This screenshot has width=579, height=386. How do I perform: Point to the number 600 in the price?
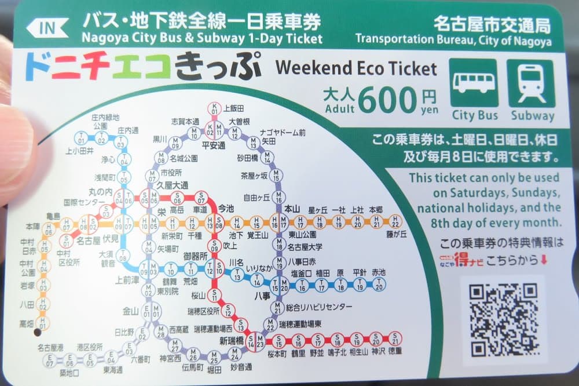point(387,100)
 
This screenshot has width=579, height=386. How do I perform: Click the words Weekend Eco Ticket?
point(356,68)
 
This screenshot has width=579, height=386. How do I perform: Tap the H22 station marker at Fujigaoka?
point(395,221)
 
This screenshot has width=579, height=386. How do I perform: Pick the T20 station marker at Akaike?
point(379,284)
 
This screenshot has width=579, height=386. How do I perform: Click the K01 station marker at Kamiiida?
point(215,108)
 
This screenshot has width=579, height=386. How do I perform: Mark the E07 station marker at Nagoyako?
point(50,360)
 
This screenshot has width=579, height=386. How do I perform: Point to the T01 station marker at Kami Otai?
point(80,139)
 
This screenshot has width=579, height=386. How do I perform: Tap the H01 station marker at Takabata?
point(43,322)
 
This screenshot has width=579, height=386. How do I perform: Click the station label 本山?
point(291,208)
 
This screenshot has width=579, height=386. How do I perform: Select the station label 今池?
point(225,207)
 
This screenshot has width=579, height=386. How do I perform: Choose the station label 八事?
point(262,295)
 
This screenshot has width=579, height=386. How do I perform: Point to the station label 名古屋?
point(89,238)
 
